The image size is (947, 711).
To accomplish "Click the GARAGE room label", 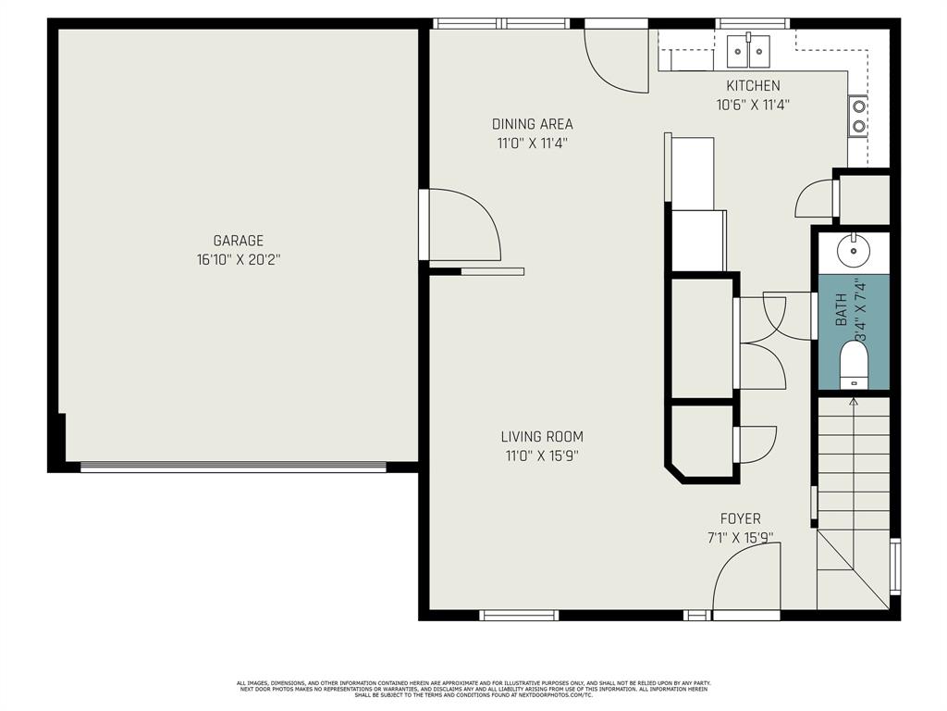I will (x=238, y=241).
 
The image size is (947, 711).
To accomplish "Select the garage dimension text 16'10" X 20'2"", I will (x=238, y=260).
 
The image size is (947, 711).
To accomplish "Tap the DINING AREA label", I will (x=532, y=124).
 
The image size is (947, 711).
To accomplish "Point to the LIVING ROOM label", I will (x=542, y=437).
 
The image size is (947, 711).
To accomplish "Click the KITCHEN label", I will (x=752, y=86).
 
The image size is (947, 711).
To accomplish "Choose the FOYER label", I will (x=741, y=518).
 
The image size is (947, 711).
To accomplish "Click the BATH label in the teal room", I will (x=842, y=309).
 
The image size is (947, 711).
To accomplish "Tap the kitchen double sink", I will (x=749, y=50).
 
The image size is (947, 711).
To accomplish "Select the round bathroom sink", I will (x=851, y=250).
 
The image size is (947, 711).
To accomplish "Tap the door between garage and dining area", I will (x=462, y=225).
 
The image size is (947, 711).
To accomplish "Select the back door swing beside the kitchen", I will (x=617, y=60).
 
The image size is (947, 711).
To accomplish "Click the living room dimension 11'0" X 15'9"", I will (x=542, y=455).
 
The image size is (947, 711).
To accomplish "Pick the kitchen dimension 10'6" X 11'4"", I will (x=752, y=106).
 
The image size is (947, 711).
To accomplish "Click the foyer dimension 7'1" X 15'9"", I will (x=741, y=537).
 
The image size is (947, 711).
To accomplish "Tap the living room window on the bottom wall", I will (x=519, y=614).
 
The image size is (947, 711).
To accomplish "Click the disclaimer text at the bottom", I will (x=473, y=689).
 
